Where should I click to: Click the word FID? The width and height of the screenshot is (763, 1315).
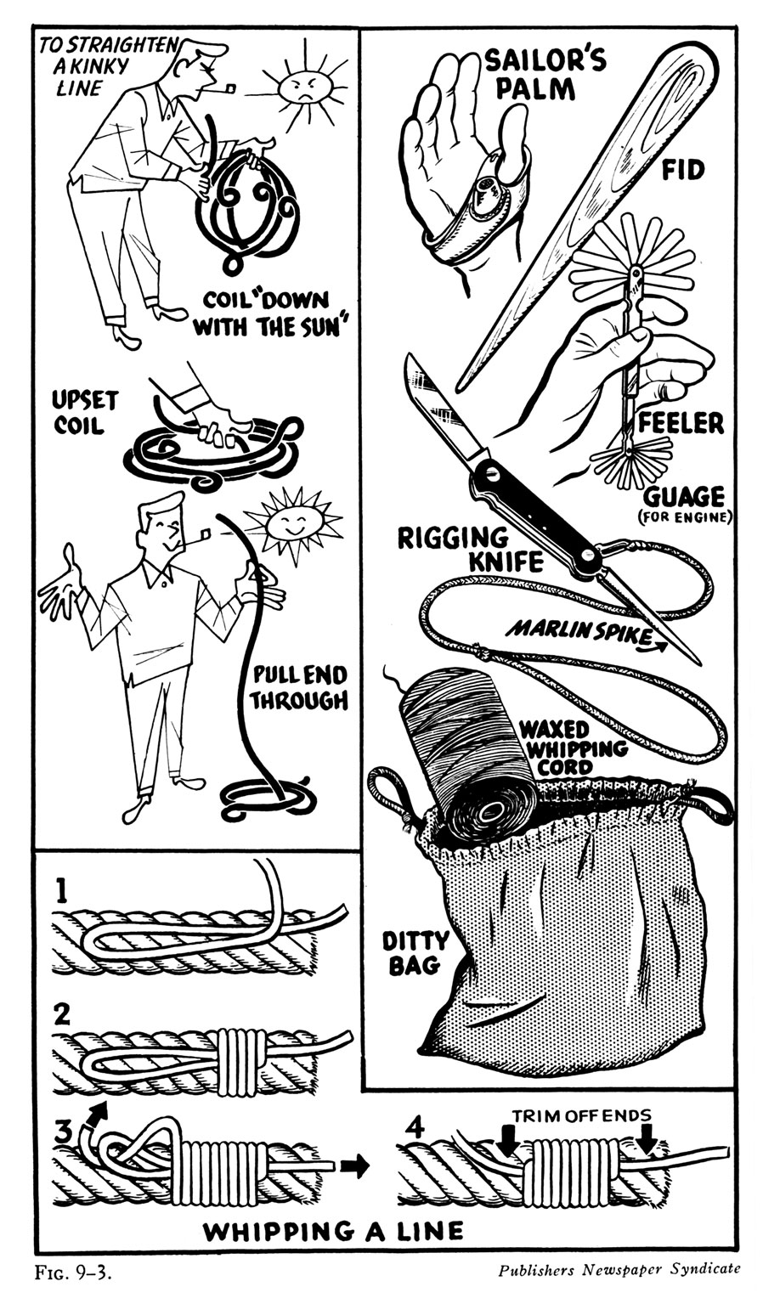coord(683,171)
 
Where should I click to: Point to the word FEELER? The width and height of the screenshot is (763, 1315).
coord(681,422)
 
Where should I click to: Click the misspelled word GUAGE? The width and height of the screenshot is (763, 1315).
coord(684,495)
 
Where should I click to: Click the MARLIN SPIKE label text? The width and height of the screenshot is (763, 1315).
coord(579,630)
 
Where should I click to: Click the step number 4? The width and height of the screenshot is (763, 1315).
coord(414,1130)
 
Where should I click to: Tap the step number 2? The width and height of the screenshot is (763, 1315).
coord(62,1013)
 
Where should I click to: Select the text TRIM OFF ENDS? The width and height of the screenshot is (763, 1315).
coord(583,1115)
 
